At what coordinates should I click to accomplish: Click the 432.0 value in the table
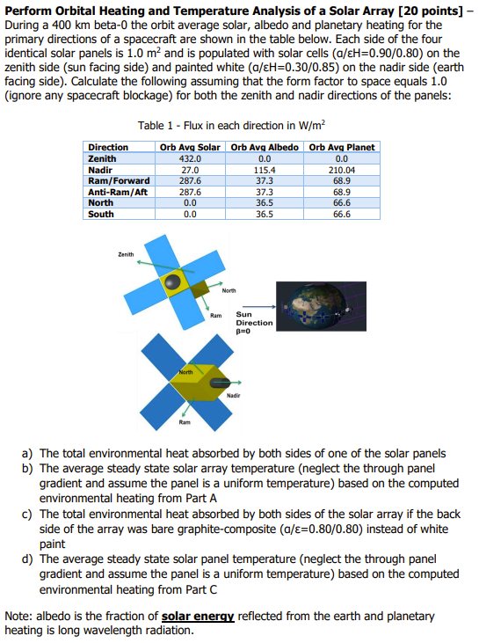pyautogui.click(x=191, y=158)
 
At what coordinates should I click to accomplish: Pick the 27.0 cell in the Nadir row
pyautogui.click(x=191, y=168)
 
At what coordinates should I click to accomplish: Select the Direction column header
pyautogui.click(x=108, y=147)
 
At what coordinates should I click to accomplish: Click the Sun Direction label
pyautogui.click(x=254, y=318)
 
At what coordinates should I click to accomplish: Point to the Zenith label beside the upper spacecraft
pyautogui.click(x=126, y=254)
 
